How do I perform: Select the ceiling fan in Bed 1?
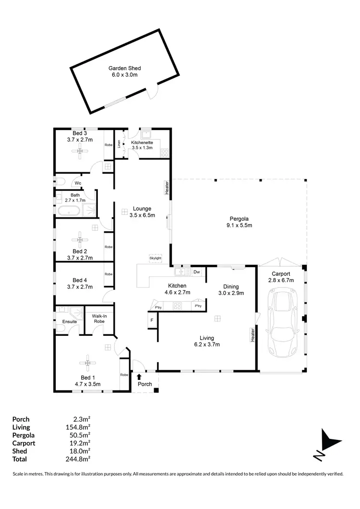coord(87,363)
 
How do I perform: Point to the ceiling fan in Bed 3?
coord(80,152)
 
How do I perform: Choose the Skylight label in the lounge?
coord(156,258)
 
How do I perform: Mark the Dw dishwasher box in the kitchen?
coord(196,272)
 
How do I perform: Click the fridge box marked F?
coord(152,320)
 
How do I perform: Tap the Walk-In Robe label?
coord(99,319)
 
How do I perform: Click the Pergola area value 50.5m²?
coord(80,435)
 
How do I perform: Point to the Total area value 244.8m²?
coord(80,459)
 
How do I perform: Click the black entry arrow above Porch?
coord(139,377)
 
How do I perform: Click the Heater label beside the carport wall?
coord(252,335)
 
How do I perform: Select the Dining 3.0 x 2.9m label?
coord(231,290)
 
